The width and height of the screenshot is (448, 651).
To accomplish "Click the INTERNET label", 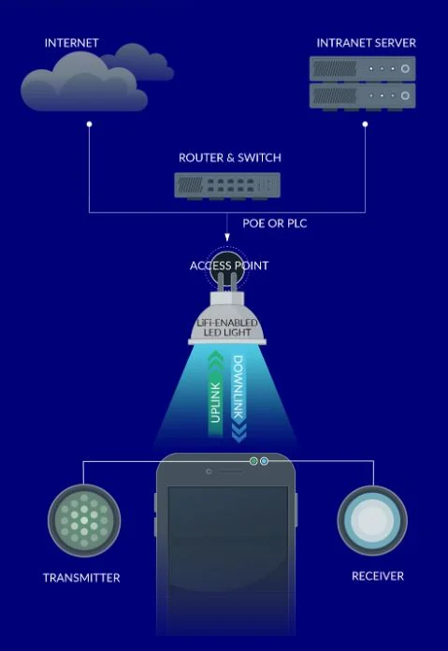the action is (71, 43).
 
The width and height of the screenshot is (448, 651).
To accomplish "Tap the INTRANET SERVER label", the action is (366, 43).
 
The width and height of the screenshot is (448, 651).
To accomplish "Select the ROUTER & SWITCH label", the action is (229, 158).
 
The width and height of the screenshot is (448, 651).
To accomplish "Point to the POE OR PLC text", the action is (274, 224).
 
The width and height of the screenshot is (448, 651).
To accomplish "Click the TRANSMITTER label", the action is (81, 577).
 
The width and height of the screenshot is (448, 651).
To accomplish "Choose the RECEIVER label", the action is (378, 576).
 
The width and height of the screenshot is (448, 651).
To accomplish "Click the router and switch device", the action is (227, 185).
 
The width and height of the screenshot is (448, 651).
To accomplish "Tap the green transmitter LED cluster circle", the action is (84, 520).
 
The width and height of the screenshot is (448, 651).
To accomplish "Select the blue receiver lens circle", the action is (372, 520).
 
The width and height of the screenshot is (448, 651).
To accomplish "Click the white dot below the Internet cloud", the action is (89, 124).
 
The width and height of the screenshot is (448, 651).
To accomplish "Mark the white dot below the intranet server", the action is (365, 124).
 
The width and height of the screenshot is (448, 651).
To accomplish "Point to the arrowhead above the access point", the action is (227, 238).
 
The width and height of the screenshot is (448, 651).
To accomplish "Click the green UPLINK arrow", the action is (215, 393).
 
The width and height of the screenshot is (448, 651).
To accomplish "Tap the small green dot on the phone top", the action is (253, 461).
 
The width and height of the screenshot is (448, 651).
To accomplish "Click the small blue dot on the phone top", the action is (264, 461).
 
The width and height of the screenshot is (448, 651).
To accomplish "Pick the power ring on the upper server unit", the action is (405, 69).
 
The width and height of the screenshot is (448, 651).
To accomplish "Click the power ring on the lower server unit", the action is (405, 95).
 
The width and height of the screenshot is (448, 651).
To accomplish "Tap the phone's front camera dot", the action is (209, 471).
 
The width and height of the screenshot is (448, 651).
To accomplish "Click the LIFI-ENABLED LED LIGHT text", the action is (227, 327).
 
